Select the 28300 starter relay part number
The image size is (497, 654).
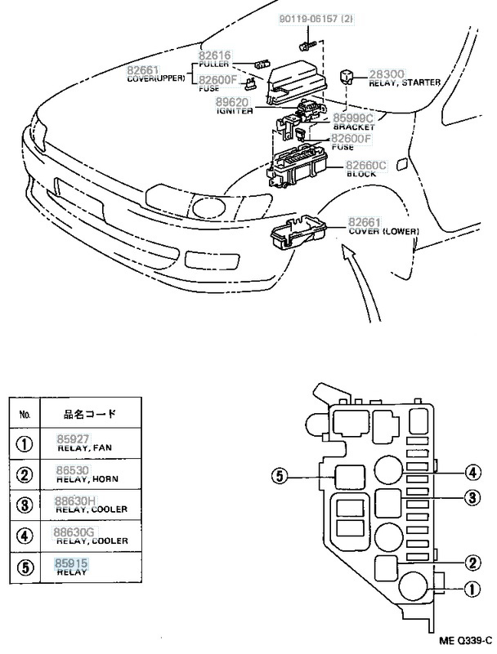click(x=387, y=74)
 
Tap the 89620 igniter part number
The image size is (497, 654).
click(x=232, y=102)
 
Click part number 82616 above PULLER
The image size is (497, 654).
click(x=215, y=56)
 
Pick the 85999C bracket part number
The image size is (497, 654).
click(x=353, y=118)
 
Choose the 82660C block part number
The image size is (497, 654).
click(x=366, y=166)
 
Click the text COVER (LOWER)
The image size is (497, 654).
click(x=384, y=231)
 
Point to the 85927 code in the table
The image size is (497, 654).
click(x=73, y=439)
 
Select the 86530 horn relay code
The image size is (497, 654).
click(x=73, y=470)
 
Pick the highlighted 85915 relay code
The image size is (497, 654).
click(x=71, y=563)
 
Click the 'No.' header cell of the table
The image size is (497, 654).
click(x=25, y=414)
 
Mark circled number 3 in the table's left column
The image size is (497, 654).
click(x=25, y=505)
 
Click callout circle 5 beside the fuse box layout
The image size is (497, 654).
click(x=280, y=476)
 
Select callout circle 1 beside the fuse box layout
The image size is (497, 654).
click(x=472, y=589)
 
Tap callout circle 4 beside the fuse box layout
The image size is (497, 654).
click(x=472, y=473)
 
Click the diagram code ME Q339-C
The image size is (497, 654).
click(x=465, y=641)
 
